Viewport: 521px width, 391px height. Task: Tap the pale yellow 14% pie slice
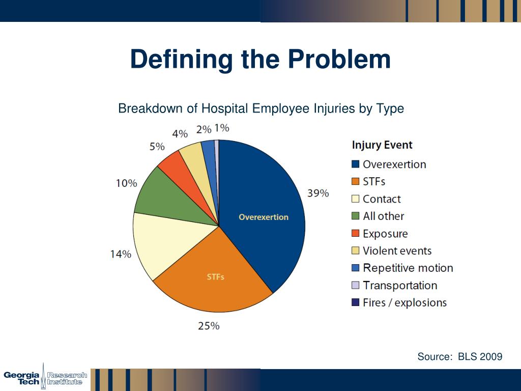pyautogui.click(x=163, y=244)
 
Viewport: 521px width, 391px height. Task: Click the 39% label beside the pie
pyautogui.click(x=318, y=193)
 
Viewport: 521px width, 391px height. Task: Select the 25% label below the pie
pyautogui.click(x=209, y=326)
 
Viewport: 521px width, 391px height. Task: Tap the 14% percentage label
pyautogui.click(x=121, y=254)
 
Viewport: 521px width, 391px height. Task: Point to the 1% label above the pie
pyautogui.click(x=221, y=128)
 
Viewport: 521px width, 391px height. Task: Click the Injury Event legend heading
pyautogui.click(x=382, y=145)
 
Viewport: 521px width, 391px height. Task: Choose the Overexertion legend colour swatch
pyautogui.click(x=355, y=164)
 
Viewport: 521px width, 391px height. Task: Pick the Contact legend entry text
pyautogui.click(x=382, y=199)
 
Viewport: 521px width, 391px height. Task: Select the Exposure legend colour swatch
pyautogui.click(x=355, y=234)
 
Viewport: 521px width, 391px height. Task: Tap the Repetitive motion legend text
pyautogui.click(x=408, y=268)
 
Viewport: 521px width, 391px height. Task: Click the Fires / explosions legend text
pyautogui.click(x=404, y=303)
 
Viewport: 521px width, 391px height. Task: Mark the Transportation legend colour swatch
pyautogui.click(x=355, y=286)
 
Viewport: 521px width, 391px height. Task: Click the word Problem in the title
pyautogui.click(x=339, y=60)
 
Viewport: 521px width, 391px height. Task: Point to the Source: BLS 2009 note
pyautogui.click(x=460, y=357)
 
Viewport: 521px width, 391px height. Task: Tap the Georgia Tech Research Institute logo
pyautogui.click(x=45, y=378)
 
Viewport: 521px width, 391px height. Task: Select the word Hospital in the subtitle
pyautogui.click(x=224, y=108)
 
